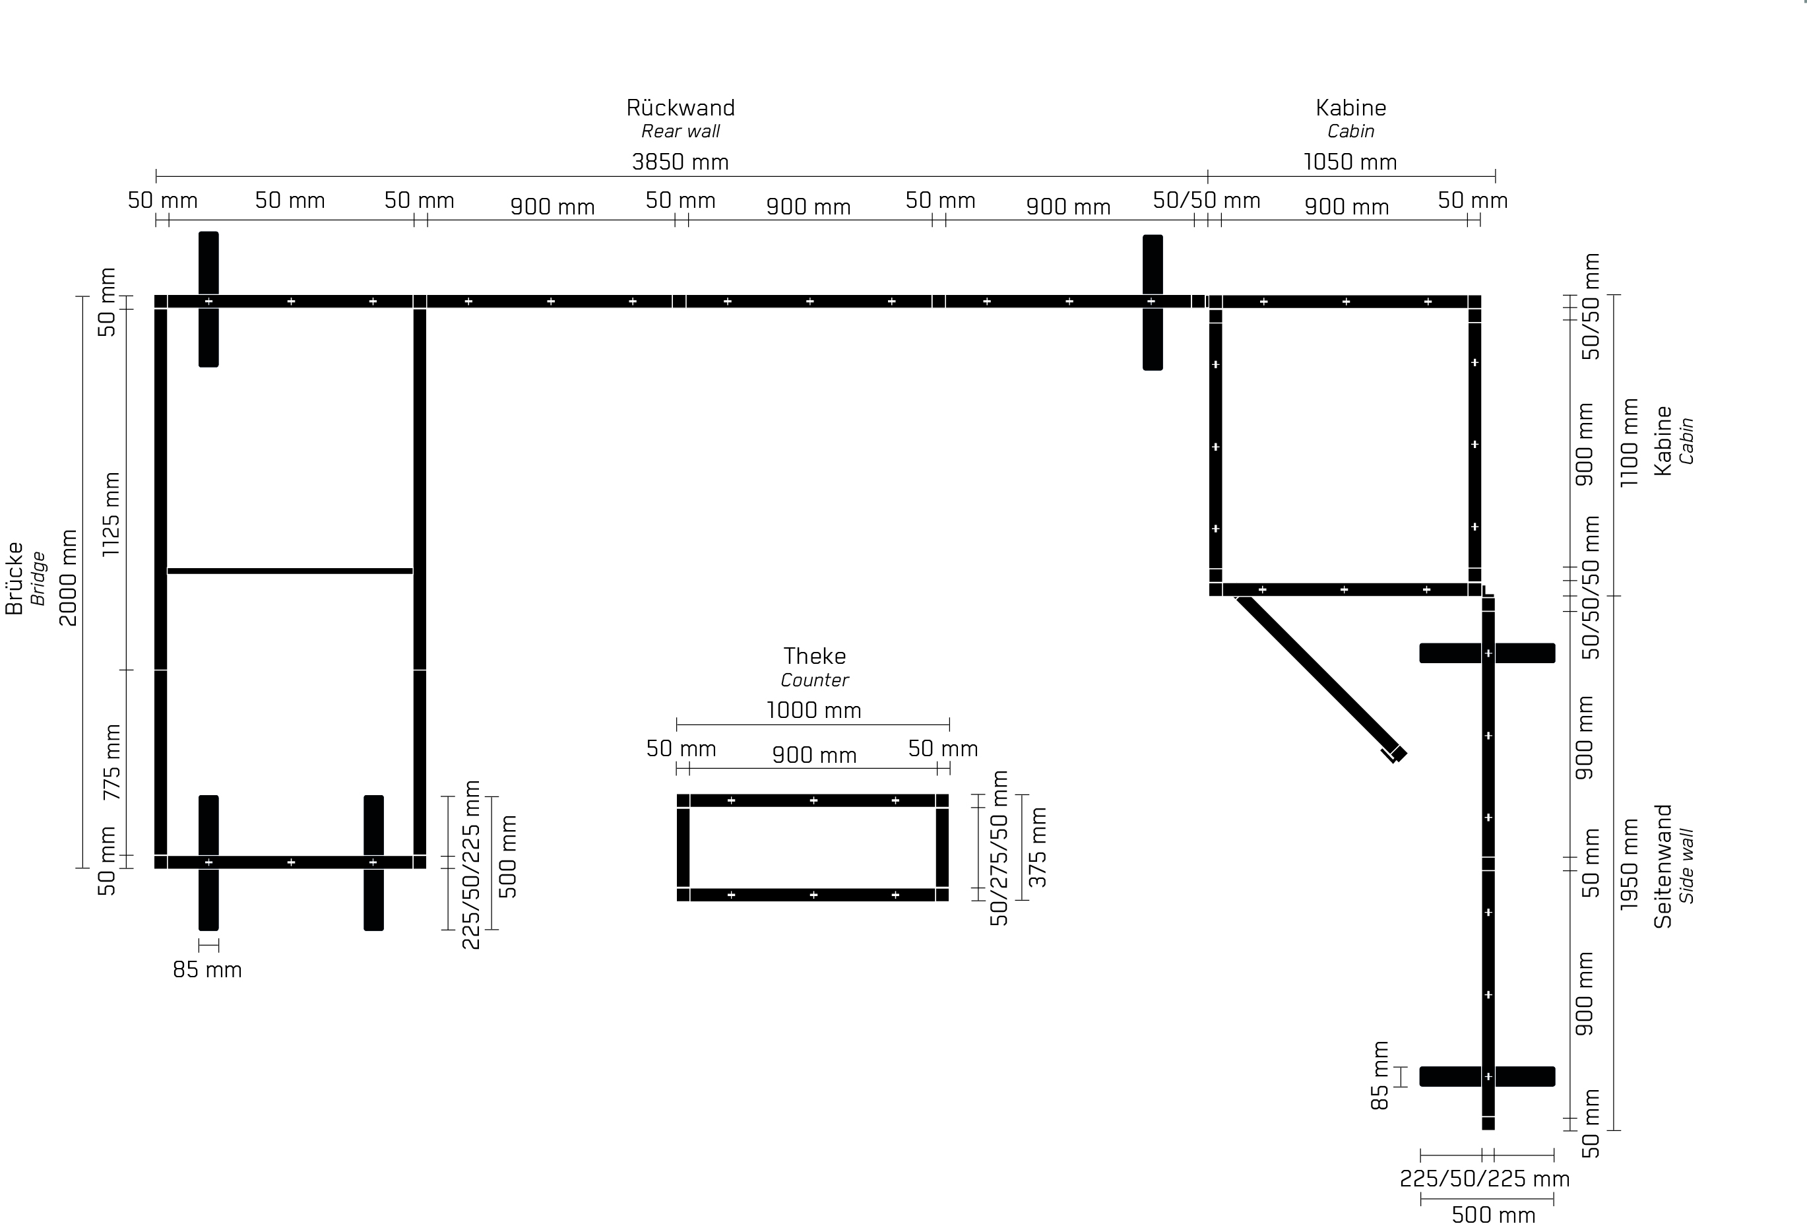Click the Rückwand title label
(x=680, y=108)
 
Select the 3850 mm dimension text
(x=680, y=162)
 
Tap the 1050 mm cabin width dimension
(x=1350, y=162)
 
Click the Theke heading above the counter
(x=814, y=656)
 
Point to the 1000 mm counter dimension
(x=814, y=710)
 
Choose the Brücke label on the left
(x=14, y=578)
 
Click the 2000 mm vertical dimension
(x=69, y=577)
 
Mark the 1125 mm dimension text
(x=111, y=513)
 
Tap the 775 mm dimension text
(x=111, y=762)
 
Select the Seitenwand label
(x=1663, y=866)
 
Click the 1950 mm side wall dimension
(x=1629, y=864)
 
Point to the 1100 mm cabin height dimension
(x=1629, y=443)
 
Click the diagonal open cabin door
(x=1320, y=678)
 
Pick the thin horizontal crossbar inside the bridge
(x=290, y=571)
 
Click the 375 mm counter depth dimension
(x=1038, y=847)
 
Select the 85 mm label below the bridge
(x=207, y=970)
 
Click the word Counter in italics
(x=814, y=680)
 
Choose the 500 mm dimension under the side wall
(x=1493, y=1215)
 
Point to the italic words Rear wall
(x=680, y=131)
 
